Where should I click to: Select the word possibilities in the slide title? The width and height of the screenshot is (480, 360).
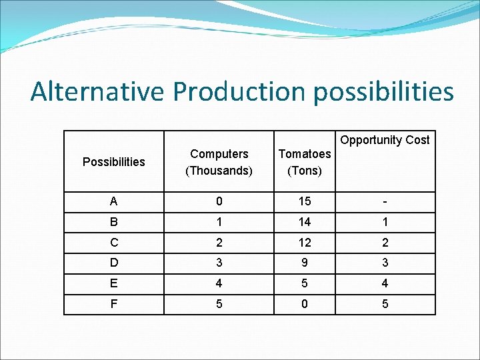point(383,92)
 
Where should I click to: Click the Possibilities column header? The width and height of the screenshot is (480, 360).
point(113,162)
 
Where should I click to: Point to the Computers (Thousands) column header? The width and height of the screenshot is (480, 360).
point(219,162)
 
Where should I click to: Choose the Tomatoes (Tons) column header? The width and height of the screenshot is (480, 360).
point(305,162)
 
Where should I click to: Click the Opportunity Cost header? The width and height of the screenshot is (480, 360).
point(385,140)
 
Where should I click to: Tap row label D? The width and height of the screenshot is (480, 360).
point(113,263)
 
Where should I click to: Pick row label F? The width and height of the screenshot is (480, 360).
point(113,303)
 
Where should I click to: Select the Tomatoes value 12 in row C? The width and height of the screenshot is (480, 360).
point(305,243)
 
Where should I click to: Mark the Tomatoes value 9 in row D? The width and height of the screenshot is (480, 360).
point(305,263)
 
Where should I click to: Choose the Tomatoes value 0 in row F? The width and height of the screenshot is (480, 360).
point(305,303)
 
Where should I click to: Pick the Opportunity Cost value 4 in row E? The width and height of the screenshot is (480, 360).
point(385,283)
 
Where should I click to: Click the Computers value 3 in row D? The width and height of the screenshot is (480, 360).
point(219,263)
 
